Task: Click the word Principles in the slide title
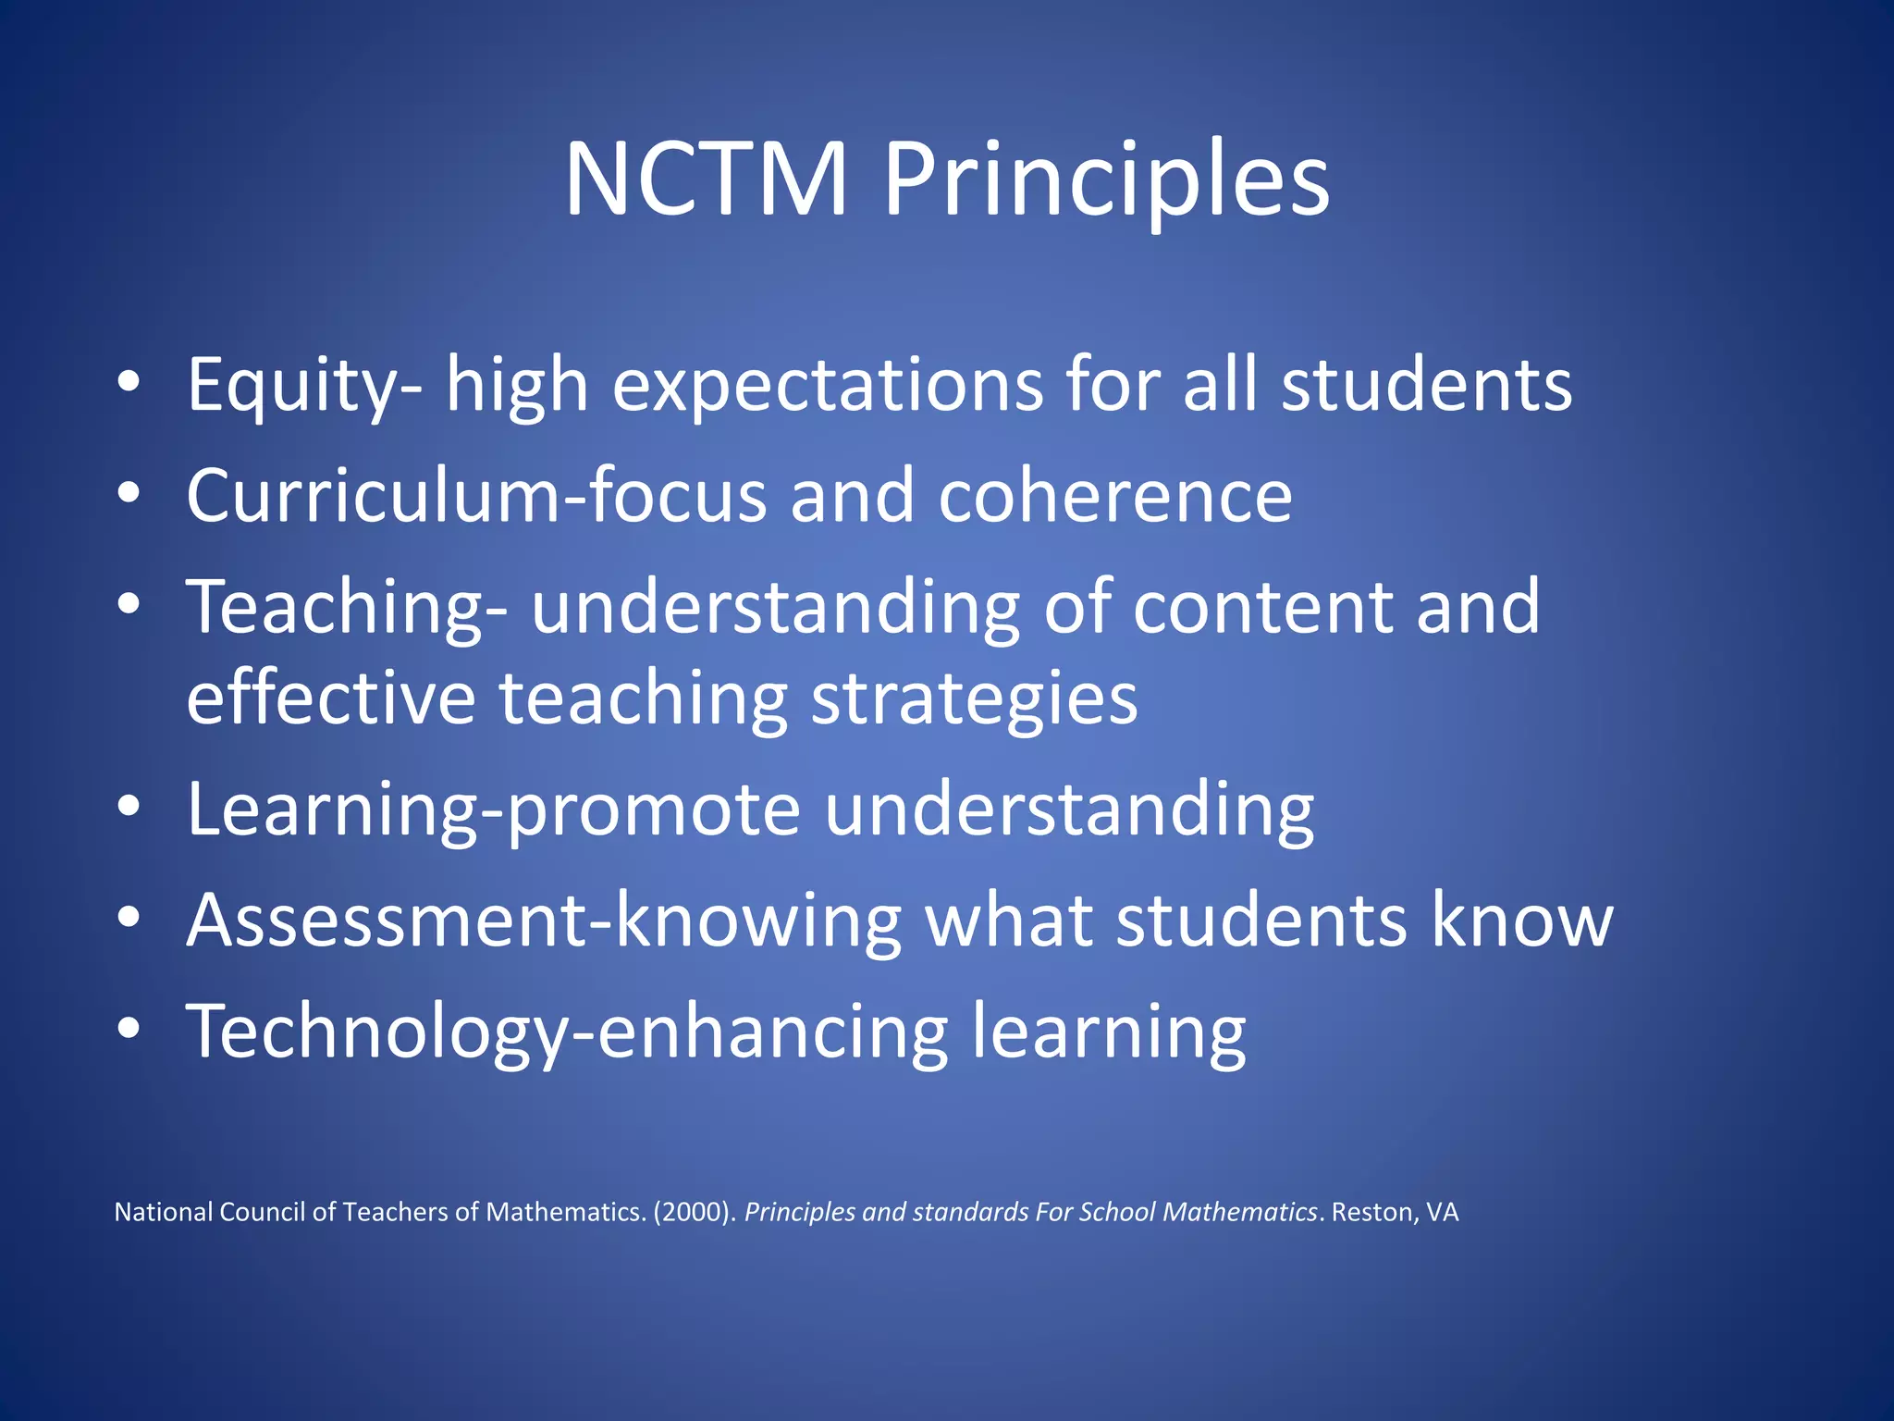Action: click(1106, 181)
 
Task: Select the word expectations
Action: click(828, 387)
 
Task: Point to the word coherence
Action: click(1115, 496)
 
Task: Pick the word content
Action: click(1262, 607)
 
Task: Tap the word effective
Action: click(331, 698)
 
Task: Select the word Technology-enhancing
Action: click(567, 1032)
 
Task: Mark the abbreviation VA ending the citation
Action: click(1442, 1212)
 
